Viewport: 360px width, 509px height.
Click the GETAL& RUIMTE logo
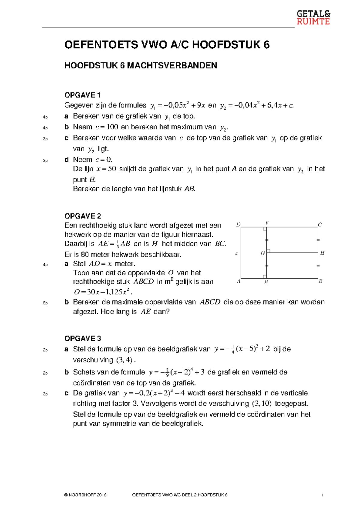coord(313,17)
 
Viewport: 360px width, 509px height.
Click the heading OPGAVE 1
coord(82,95)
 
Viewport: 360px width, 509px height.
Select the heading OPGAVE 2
coord(82,216)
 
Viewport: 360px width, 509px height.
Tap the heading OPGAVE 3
coord(82,339)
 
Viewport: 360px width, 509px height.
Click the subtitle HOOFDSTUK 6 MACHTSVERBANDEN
coord(140,66)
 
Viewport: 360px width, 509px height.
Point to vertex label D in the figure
coord(238,224)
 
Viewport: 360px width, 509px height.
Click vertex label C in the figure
coord(320,224)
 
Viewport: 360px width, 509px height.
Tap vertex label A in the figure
coord(238,282)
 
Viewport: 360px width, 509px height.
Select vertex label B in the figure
coord(320,282)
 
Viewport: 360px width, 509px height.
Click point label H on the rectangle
coord(322,253)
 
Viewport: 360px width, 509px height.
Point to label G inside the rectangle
coord(263,253)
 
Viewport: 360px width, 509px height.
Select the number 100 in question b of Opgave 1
coord(112,127)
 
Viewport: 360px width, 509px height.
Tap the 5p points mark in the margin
coord(45,303)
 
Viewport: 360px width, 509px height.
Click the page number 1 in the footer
coord(322,495)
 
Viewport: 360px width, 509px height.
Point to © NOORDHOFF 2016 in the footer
coord(85,495)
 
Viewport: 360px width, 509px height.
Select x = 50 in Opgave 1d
coord(106,169)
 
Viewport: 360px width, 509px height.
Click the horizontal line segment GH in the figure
coord(292,253)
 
